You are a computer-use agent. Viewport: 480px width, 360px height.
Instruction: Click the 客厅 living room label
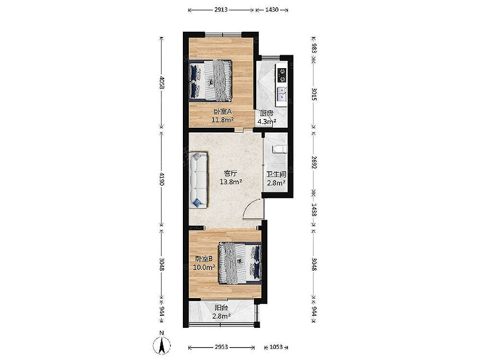coord(230,174)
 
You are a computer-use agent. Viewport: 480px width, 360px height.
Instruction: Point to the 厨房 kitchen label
coord(266,113)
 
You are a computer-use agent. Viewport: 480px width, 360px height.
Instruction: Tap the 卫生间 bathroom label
coord(276,175)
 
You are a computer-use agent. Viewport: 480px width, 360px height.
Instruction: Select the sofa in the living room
coord(198,180)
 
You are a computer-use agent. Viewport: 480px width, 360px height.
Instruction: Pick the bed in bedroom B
coord(240,263)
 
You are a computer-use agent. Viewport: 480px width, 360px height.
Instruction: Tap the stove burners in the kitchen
coord(282,75)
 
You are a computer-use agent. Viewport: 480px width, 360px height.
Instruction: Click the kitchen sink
coord(281,94)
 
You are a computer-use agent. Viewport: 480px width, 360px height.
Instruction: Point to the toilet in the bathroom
coord(280,149)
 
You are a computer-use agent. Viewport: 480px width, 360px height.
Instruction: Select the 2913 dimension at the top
coord(221,10)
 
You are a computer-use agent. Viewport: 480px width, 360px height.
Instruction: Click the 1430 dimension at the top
coord(272,10)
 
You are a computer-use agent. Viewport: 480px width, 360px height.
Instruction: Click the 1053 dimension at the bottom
coord(276,347)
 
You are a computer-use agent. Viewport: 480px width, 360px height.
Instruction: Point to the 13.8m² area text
coord(231,182)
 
